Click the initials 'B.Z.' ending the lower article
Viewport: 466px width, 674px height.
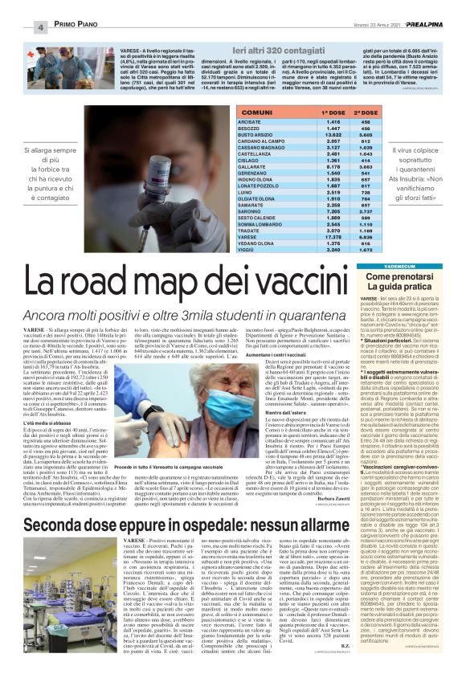(x=323, y=642)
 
